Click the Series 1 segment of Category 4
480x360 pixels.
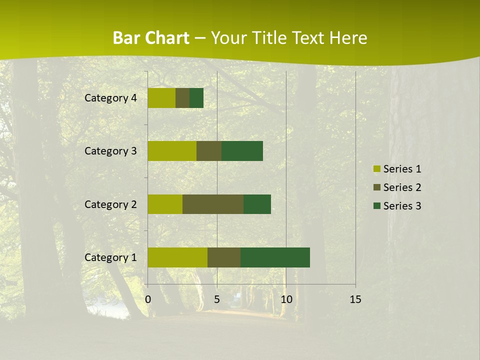(x=161, y=98)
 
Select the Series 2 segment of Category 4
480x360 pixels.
(x=182, y=98)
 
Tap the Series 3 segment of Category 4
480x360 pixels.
(x=196, y=98)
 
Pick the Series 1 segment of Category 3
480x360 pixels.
(x=172, y=151)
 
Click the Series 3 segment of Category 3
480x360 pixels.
(x=242, y=151)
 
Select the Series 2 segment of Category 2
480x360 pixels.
(x=213, y=204)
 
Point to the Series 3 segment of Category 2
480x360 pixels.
(x=257, y=204)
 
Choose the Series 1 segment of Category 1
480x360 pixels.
(x=177, y=257)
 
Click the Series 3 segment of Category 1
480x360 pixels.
(x=275, y=257)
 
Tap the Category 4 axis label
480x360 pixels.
(x=110, y=98)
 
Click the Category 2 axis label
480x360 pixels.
(x=110, y=204)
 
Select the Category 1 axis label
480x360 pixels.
(x=110, y=257)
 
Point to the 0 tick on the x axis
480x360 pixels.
(x=148, y=299)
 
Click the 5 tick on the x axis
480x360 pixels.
(x=217, y=299)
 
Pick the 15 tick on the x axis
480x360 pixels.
(x=355, y=299)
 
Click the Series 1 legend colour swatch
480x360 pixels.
(x=377, y=169)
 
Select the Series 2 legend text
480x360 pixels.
(x=402, y=187)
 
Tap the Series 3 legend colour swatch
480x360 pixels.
(x=377, y=206)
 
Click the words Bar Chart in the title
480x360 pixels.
(x=151, y=38)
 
